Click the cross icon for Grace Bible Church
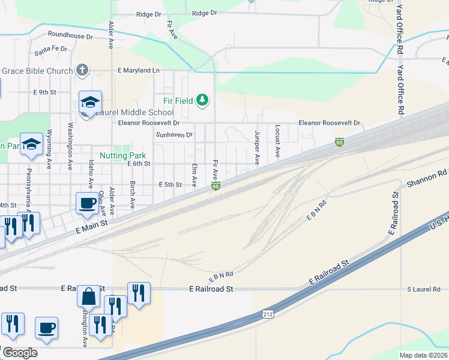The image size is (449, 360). (x=83, y=70)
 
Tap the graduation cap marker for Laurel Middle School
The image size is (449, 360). (x=90, y=102)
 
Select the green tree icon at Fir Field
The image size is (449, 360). (x=203, y=100)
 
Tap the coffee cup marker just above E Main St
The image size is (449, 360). (x=87, y=203)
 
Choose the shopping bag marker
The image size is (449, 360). (x=88, y=296)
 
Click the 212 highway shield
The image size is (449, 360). (x=268, y=314)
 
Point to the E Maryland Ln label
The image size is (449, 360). (x=139, y=70)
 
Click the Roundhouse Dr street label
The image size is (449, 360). (x=70, y=36)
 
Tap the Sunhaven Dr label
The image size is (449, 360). (x=174, y=135)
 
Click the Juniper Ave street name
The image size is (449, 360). (x=257, y=147)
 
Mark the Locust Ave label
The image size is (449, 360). (x=277, y=142)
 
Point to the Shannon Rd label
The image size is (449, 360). (x=427, y=177)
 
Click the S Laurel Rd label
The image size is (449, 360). (x=424, y=289)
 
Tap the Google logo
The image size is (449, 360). (x=19, y=353)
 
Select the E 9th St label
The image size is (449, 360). (x=44, y=92)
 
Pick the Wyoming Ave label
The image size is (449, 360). (x=49, y=147)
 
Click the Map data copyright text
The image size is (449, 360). (x=424, y=355)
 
